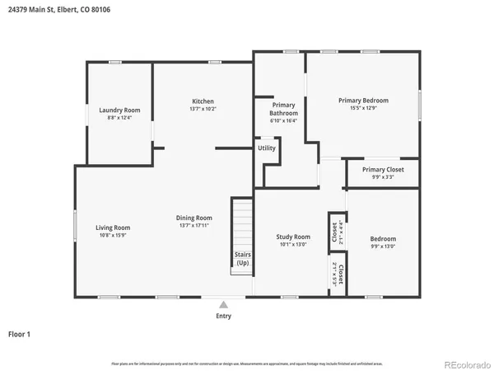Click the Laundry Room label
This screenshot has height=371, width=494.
[x=119, y=110]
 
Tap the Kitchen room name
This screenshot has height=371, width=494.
[x=203, y=101]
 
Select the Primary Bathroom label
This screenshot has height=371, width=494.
[x=283, y=109]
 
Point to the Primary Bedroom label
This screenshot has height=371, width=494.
[x=363, y=101]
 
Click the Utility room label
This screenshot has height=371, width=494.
[x=267, y=148]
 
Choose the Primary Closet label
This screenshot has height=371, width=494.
[x=383, y=169]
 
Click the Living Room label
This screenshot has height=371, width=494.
[x=113, y=228]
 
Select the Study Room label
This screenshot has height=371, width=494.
[x=292, y=237]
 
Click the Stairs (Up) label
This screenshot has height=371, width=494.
[x=242, y=259]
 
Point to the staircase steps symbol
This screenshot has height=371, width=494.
[x=241, y=223]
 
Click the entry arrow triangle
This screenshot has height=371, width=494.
[x=223, y=304]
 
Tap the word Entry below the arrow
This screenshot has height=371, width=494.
[x=223, y=316]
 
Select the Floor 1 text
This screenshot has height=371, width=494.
[x=19, y=334]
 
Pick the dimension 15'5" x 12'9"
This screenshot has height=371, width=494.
[x=363, y=109]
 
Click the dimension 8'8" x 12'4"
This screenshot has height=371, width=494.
[x=119, y=118]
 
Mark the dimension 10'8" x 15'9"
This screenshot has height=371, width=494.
[x=113, y=236]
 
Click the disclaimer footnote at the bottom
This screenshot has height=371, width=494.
[x=247, y=363]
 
